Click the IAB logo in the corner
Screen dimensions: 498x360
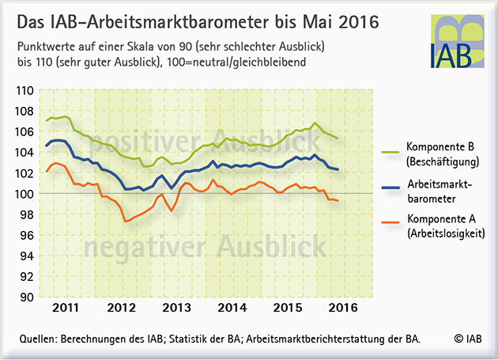pyautogui.click(x=458, y=41)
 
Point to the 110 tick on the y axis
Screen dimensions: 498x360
pyautogui.click(x=25, y=91)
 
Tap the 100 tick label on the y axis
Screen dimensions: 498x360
pyautogui.click(x=25, y=194)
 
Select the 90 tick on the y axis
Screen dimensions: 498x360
pyautogui.click(x=27, y=297)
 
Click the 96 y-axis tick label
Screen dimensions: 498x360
pyautogui.click(x=27, y=235)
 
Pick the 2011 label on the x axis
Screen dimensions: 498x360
pyautogui.click(x=65, y=308)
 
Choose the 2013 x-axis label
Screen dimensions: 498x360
pyautogui.click(x=176, y=308)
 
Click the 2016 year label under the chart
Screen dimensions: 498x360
pyautogui.click(x=343, y=308)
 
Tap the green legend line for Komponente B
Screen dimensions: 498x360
pyautogui.click(x=390, y=153)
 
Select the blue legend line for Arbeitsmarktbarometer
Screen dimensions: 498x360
pyautogui.click(x=390, y=188)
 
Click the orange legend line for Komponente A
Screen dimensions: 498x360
pyautogui.click(x=390, y=222)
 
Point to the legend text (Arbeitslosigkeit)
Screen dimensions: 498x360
pyautogui.click(x=447, y=233)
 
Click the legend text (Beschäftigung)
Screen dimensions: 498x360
pyautogui.click(x=443, y=161)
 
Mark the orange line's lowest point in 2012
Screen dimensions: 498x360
pyautogui.click(x=126, y=222)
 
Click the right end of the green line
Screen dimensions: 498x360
pyautogui.click(x=338, y=138)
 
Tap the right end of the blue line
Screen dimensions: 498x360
pyautogui.click(x=338, y=169)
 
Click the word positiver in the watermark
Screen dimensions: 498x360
pyautogui.click(x=145, y=142)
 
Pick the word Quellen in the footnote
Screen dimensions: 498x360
pyautogui.click(x=38, y=339)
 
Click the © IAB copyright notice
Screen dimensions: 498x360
pyautogui.click(x=468, y=339)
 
